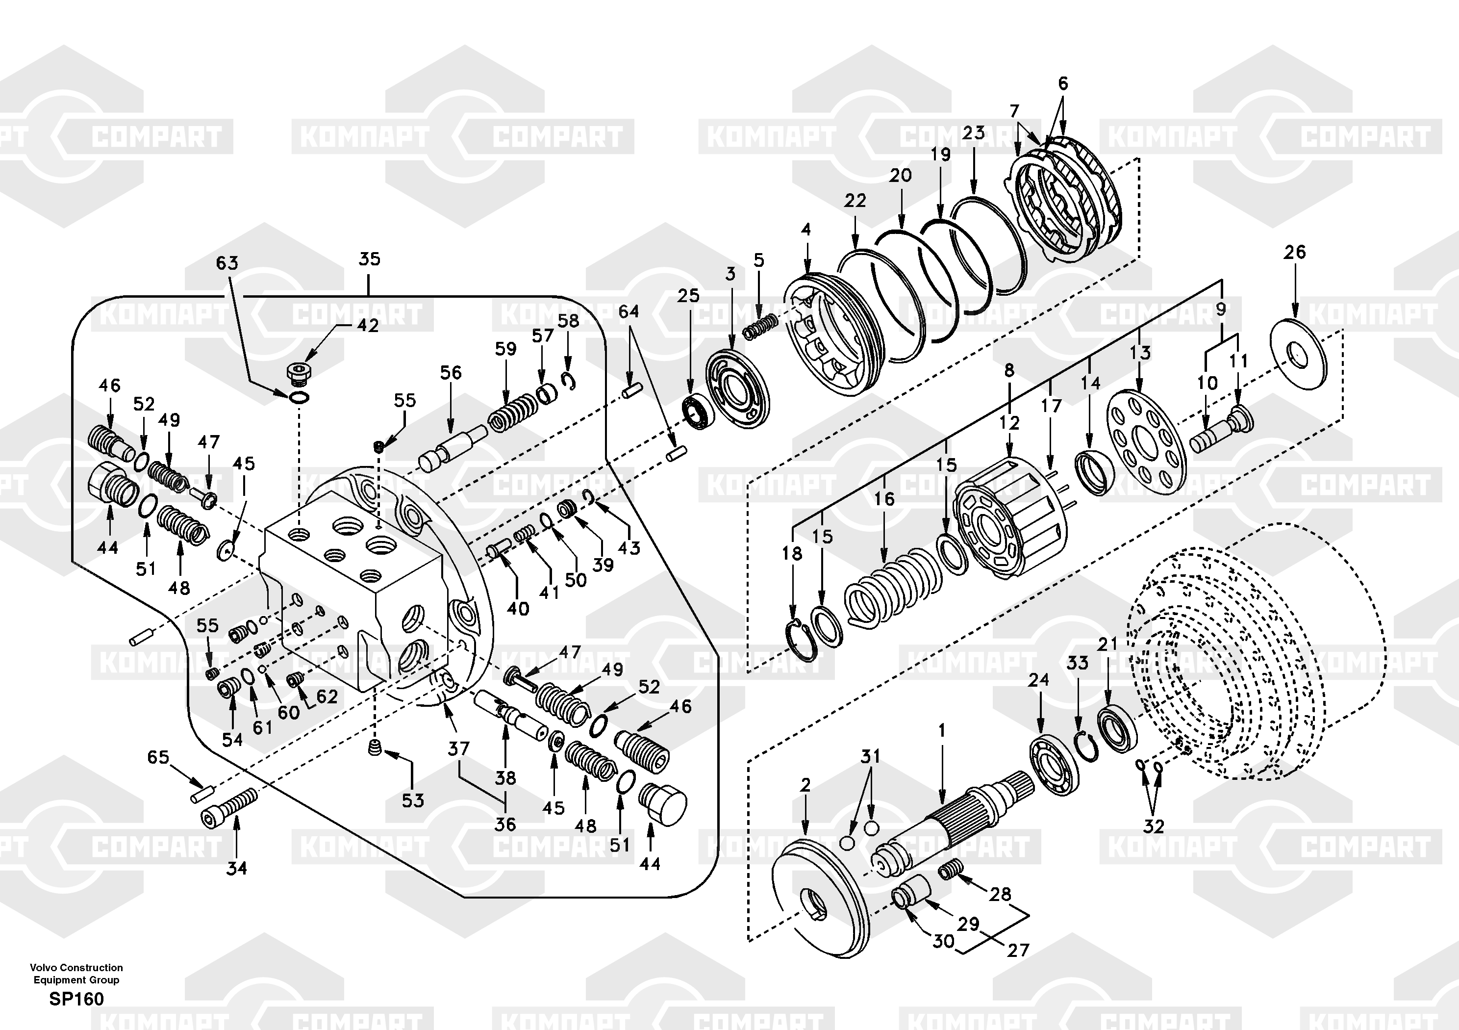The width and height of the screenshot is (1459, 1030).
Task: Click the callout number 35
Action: coord(369,259)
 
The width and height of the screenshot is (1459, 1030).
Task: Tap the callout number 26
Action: coord(1294,253)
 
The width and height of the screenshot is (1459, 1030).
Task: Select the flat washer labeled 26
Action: coord(1298,352)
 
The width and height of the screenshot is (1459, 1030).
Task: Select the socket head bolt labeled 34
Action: coord(229,808)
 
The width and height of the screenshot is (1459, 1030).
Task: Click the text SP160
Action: coord(76,999)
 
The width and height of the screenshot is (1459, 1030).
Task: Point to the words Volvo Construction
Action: coord(76,968)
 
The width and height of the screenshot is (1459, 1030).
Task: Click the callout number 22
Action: coord(855,201)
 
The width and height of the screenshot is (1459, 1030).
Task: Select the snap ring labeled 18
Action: coord(799,644)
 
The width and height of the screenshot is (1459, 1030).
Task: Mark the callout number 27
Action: coord(1017,951)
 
